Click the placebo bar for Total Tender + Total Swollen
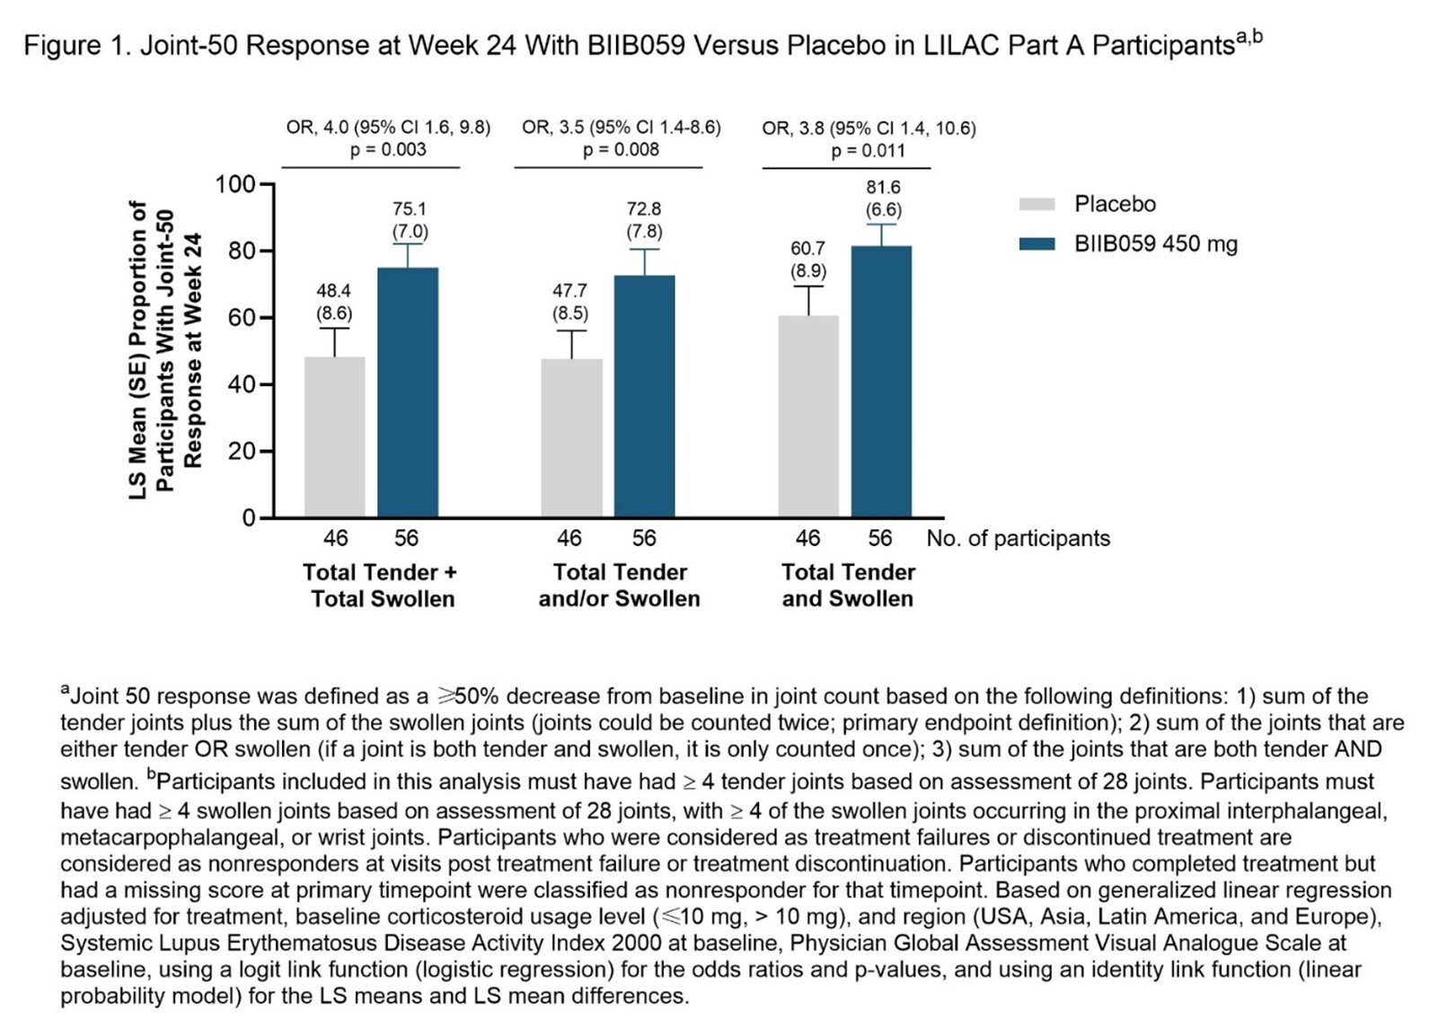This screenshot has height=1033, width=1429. tap(334, 437)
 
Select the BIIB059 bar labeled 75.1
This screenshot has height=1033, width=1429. tap(408, 393)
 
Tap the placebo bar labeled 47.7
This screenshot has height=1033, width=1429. tap(571, 437)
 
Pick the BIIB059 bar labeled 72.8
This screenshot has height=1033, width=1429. tap(644, 396)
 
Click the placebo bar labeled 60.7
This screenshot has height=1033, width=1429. tap(808, 416)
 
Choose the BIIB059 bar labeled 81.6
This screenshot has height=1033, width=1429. tap(881, 382)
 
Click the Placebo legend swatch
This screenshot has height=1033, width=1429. tap(1036, 204)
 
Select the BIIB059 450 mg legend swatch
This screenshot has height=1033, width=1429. tap(1036, 243)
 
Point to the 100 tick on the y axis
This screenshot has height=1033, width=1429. tap(235, 184)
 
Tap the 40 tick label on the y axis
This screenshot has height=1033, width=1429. tap(242, 384)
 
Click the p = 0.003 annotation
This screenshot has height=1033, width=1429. tap(388, 149)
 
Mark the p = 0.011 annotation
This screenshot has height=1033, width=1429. tap(868, 150)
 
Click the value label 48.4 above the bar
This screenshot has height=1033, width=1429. tap(333, 290)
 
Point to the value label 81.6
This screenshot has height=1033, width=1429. tap(883, 187)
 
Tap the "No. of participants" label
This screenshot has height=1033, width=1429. tap(1018, 538)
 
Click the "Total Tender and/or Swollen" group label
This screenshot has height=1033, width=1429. tap(620, 585)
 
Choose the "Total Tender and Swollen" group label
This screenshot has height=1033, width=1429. tap(848, 585)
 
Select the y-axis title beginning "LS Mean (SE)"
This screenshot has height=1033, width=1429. tap(165, 350)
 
